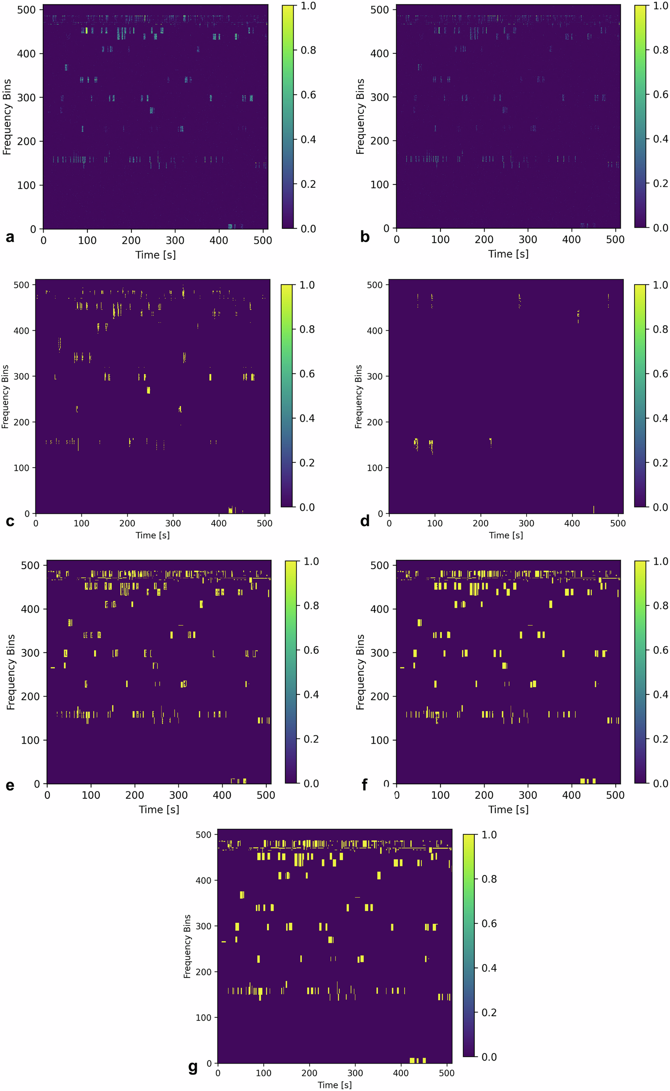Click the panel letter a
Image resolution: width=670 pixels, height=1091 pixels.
pyautogui.click(x=10, y=237)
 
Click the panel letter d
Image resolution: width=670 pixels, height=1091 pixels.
pyautogui.click(x=365, y=521)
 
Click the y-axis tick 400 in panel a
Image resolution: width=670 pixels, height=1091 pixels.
pyautogui.click(x=26, y=53)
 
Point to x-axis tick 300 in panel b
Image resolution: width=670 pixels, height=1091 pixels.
pyautogui.click(x=527, y=240)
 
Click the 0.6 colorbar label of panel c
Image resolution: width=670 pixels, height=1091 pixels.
pyautogui.click(x=307, y=374)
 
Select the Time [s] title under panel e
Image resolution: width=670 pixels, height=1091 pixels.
pyautogui.click(x=159, y=809)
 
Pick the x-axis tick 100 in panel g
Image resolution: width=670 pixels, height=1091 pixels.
pyautogui.click(x=263, y=1073)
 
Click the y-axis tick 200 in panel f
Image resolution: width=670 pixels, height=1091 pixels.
pyautogui.click(x=379, y=697)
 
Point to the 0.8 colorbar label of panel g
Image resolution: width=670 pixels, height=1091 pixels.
pyautogui.click(x=489, y=879)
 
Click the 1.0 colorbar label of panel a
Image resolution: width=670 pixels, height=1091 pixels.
pyautogui.click(x=308, y=6)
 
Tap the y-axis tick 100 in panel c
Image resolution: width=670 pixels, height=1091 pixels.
pyautogui.click(x=21, y=468)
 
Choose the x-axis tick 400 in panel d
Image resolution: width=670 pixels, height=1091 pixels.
pyautogui.click(x=572, y=523)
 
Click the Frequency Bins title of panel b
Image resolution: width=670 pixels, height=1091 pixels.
pyautogui.click(x=360, y=116)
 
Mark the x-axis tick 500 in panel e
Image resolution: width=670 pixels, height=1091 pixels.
pyautogui.click(x=265, y=795)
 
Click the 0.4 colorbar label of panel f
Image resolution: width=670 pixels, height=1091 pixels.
pyautogui.click(x=660, y=694)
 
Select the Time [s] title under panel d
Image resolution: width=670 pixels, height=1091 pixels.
pyautogui.click(x=506, y=535)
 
